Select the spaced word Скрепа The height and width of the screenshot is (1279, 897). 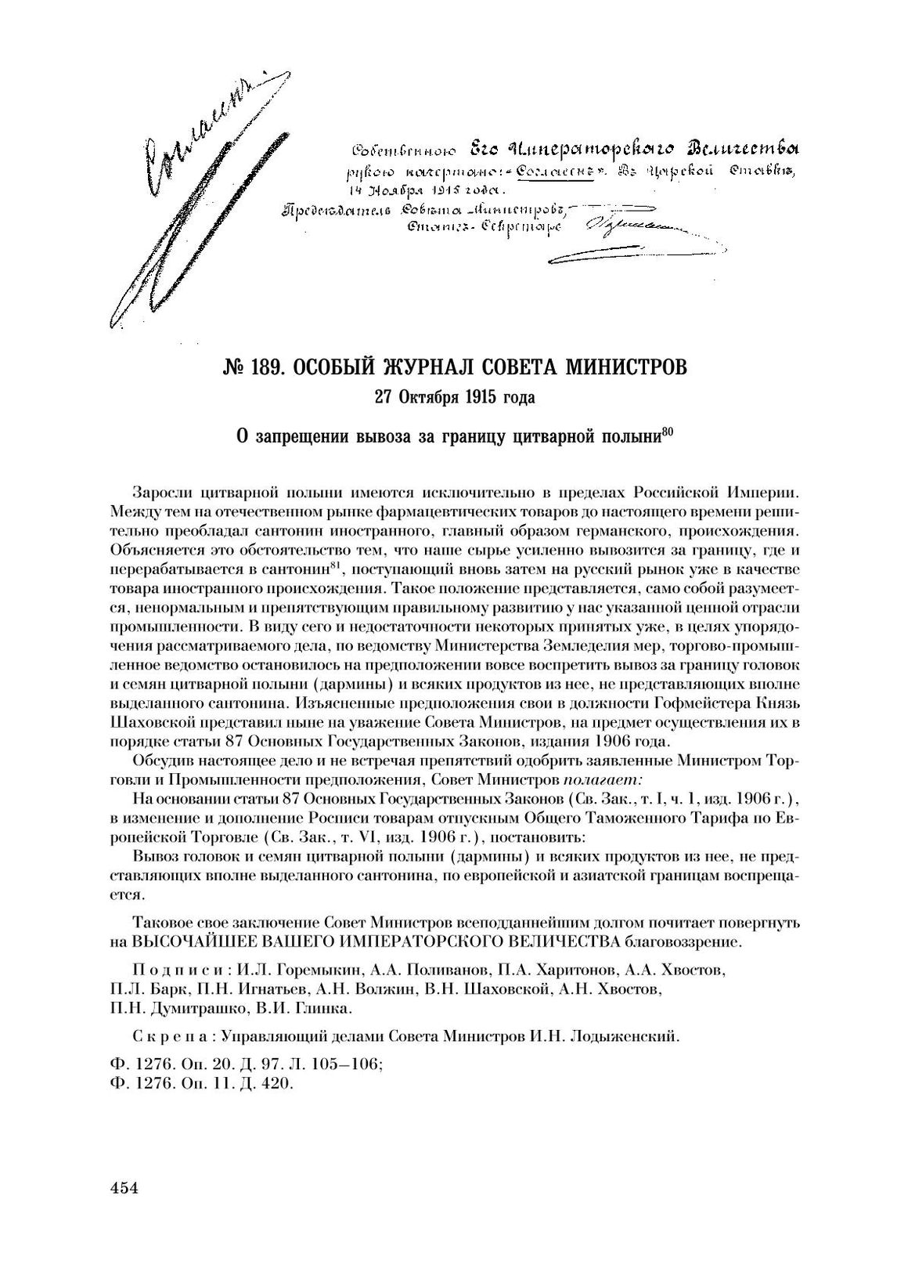[x=170, y=1037]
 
